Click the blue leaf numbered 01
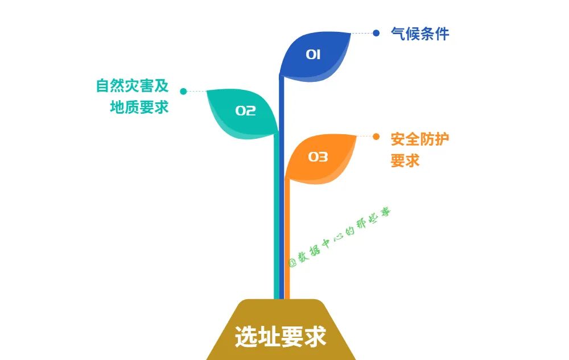coord(316,54)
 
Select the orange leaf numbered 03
coord(321,159)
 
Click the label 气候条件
coord(420,34)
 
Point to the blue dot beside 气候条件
coord(376,33)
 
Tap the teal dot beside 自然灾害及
coord(183,91)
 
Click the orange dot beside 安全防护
coord(376,136)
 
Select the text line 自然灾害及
coord(132,86)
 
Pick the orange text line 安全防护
coord(420,139)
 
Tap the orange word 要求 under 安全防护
coord(405,161)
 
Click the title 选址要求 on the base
coord(281,337)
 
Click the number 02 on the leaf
coord(245,111)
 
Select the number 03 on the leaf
coord(318,157)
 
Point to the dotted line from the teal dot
coord(196,91)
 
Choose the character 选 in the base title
coord(246,337)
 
